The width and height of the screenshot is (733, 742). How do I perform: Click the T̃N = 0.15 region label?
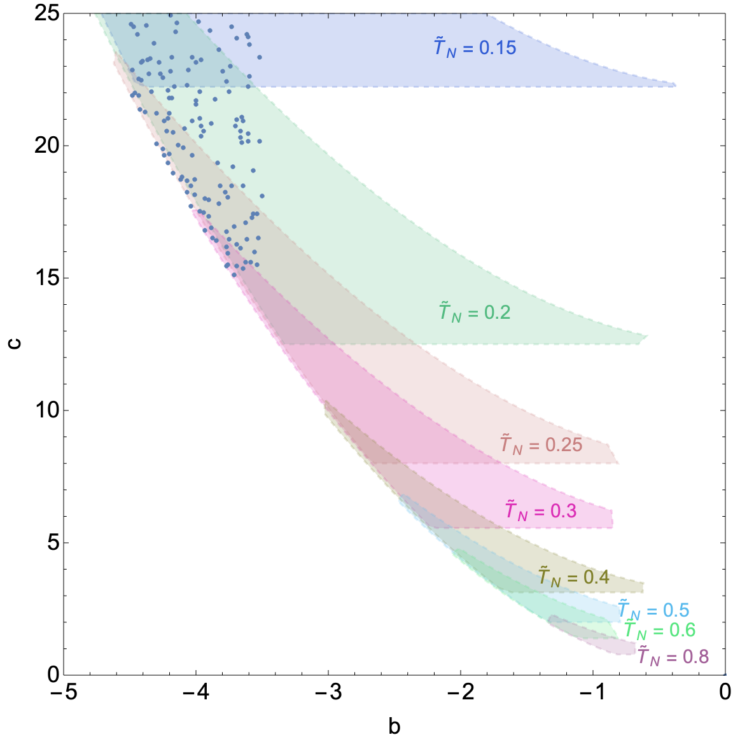[475, 47]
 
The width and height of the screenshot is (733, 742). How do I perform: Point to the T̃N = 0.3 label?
[541, 510]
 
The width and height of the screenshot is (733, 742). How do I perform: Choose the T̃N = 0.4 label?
[574, 577]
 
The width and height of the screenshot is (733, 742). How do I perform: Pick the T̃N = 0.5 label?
[653, 610]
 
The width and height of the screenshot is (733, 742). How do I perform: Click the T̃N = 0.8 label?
[673, 656]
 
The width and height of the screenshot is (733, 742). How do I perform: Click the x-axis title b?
[394, 726]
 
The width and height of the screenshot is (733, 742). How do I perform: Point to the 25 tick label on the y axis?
[46, 13]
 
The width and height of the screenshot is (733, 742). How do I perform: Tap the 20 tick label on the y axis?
[46, 145]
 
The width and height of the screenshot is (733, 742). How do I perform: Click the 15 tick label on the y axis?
[46, 277]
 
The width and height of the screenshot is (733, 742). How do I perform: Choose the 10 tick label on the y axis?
[46, 410]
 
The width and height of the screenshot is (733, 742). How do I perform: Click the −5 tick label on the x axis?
[63, 692]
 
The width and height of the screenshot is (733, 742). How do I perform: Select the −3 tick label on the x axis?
[328, 692]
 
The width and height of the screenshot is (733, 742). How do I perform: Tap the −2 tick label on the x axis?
[460, 692]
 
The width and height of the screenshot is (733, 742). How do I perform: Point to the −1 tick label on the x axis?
[592, 692]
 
